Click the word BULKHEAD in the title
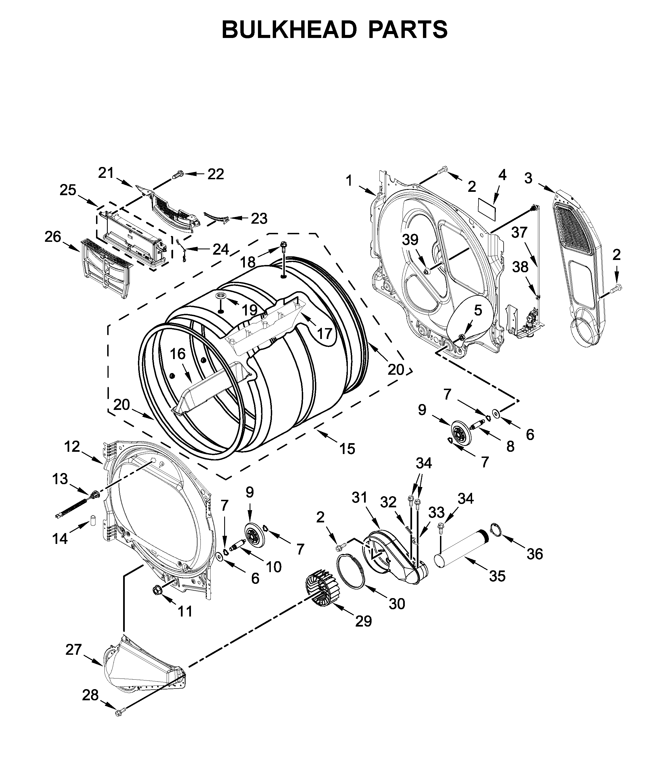[290, 30]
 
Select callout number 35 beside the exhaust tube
[497, 576]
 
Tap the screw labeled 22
[179, 174]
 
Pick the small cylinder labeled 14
[92, 520]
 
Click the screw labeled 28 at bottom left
[119, 713]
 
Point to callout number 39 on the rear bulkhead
[410, 240]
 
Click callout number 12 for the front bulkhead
[72, 446]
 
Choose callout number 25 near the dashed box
[68, 190]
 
